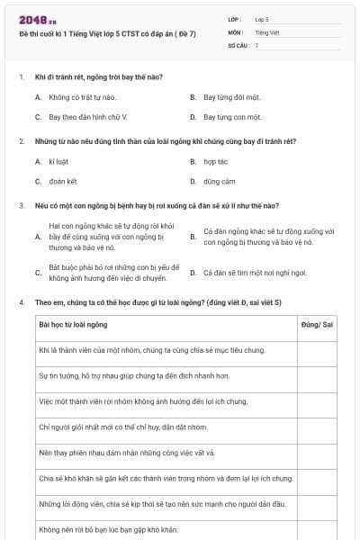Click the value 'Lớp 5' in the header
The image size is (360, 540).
tap(262, 19)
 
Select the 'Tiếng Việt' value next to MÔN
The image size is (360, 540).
tap(265, 31)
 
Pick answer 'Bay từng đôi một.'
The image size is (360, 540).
tap(232, 95)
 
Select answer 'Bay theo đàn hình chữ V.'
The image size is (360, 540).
tap(88, 117)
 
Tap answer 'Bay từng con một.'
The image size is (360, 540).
tap(232, 117)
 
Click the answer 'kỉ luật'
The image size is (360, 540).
tap(59, 162)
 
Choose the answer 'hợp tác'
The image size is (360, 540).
tap(216, 162)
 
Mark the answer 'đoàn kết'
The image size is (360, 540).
tap(64, 181)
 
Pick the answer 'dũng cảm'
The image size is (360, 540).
tap(219, 181)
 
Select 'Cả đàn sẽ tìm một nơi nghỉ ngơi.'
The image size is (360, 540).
tap(255, 273)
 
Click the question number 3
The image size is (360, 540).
tap(22, 206)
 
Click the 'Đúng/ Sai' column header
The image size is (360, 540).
tap(316, 324)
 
